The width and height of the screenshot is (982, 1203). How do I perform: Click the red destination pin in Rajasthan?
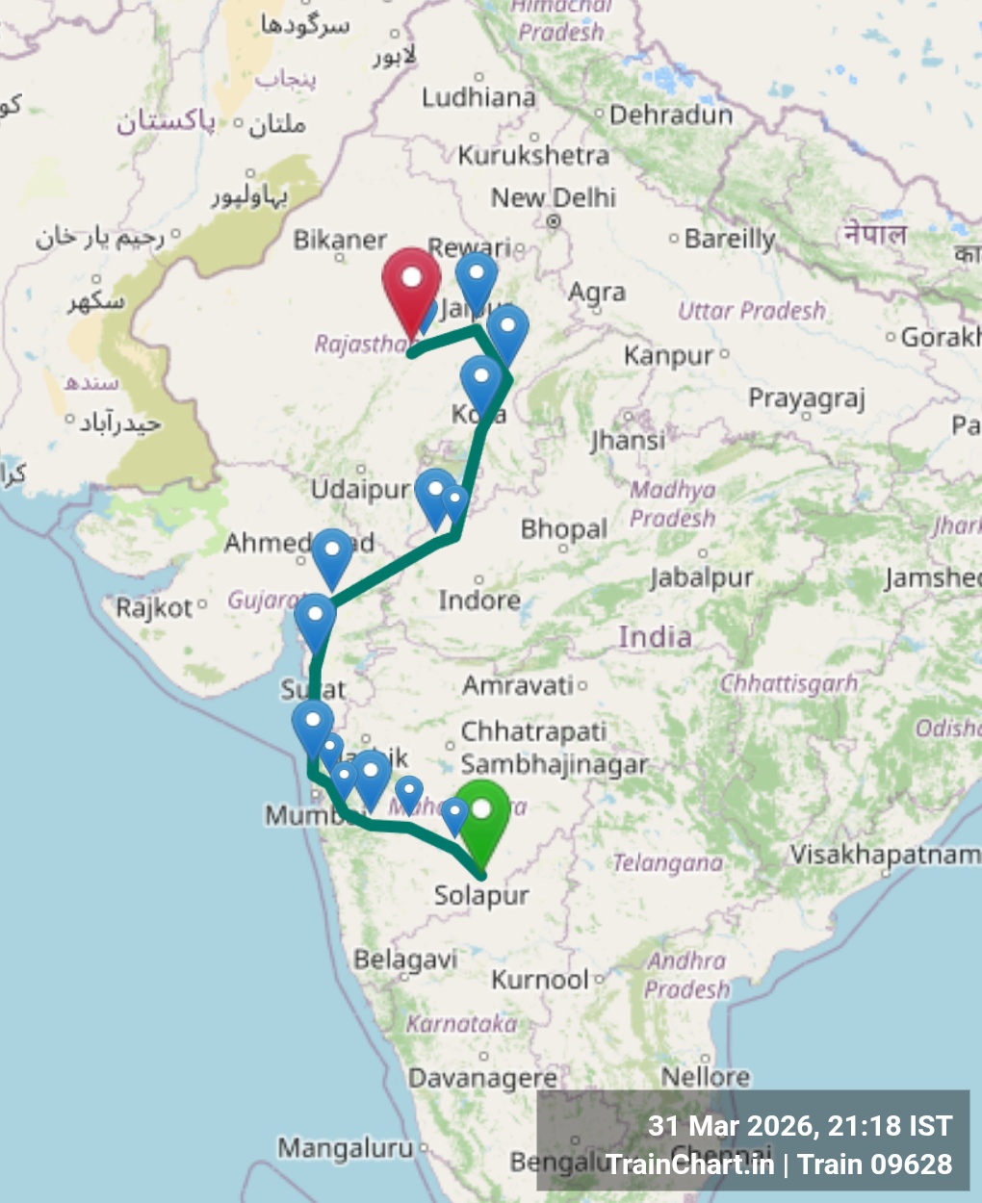411,285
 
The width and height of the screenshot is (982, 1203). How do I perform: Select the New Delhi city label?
553,198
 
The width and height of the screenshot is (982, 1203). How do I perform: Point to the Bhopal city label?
563,529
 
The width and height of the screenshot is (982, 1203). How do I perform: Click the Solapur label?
481,896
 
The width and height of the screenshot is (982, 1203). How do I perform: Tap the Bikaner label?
340,241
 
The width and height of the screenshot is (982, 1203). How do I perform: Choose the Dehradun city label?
670,115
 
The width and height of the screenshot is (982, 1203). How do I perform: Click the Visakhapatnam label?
885,855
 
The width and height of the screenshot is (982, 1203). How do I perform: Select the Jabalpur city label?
701,577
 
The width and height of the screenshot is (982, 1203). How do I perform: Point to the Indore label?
478,601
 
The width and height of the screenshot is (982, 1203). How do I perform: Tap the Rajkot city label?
154,608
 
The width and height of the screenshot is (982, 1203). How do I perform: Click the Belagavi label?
405,960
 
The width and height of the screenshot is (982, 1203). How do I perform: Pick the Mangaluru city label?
345,1148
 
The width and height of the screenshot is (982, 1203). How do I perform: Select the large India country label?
655,637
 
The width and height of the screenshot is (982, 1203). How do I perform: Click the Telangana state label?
668,863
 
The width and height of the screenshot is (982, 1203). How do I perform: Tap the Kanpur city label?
668,356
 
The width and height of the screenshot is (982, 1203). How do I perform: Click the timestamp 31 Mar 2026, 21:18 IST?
799,1126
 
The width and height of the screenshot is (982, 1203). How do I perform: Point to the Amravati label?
518,686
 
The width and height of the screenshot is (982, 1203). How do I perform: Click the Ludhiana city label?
478,97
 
